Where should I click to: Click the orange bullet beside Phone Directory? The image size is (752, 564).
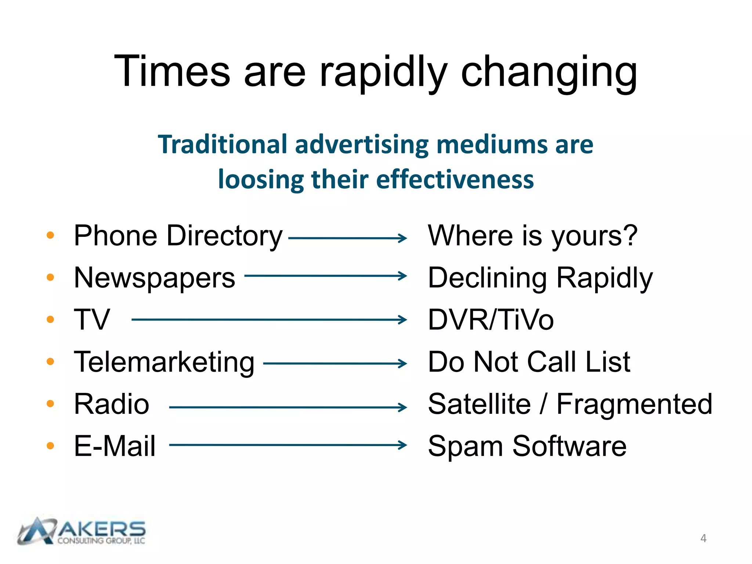click(50, 235)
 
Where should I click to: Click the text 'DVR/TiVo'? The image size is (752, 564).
click(491, 319)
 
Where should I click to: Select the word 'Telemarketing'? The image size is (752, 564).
click(164, 362)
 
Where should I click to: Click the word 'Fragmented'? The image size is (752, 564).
click(634, 404)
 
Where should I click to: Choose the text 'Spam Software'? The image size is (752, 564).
click(527, 446)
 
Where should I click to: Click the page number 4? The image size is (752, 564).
click(703, 538)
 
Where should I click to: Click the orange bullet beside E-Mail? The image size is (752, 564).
click(50, 446)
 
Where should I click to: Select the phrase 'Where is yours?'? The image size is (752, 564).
click(532, 236)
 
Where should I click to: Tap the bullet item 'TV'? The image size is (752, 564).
click(92, 319)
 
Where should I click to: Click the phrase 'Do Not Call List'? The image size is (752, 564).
click(529, 362)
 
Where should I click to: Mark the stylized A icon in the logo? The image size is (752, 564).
click(37, 531)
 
